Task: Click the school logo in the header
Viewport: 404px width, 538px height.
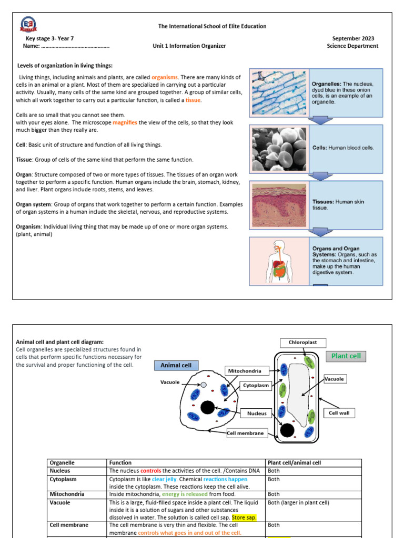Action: (29, 25)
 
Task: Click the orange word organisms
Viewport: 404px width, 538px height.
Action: (165, 77)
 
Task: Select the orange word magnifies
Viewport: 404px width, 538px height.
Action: (125, 122)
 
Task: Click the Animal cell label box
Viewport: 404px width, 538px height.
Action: (176, 366)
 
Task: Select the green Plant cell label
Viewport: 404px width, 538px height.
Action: (346, 356)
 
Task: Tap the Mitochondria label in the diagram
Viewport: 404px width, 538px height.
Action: (244, 371)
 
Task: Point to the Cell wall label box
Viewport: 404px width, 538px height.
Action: (339, 413)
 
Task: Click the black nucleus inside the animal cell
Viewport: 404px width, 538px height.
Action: (207, 407)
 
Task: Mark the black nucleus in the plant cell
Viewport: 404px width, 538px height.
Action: (287, 430)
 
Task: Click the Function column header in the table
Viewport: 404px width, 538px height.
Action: (120, 463)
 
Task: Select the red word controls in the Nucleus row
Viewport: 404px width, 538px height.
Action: (150, 471)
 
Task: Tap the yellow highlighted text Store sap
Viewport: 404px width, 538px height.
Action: (244, 517)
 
